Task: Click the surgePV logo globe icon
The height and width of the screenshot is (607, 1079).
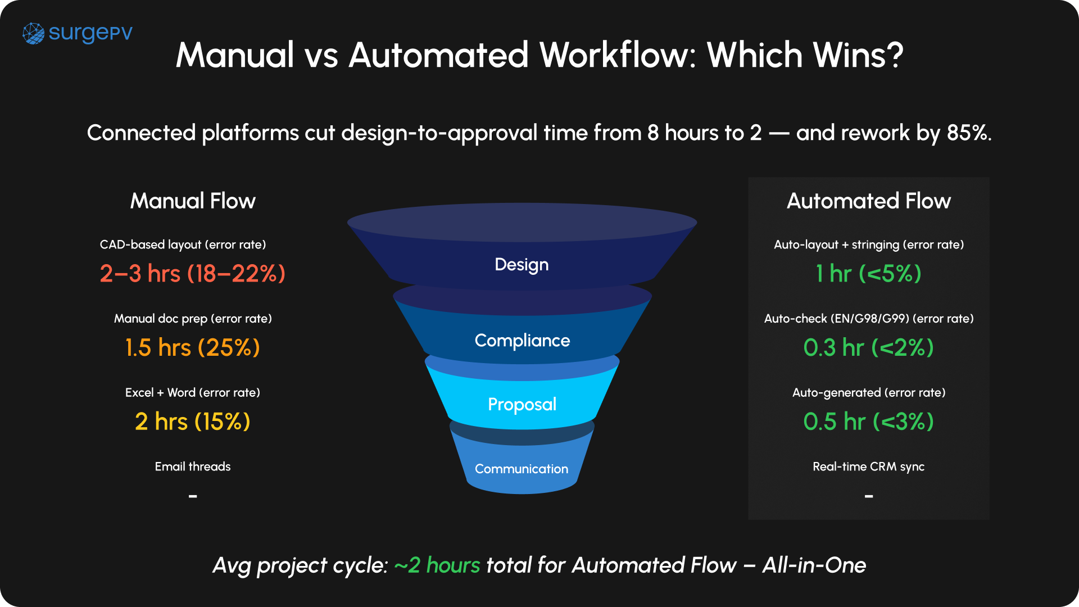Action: (x=33, y=34)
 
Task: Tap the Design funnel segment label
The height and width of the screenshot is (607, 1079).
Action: (x=522, y=265)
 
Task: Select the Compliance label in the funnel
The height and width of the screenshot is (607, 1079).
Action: (x=522, y=341)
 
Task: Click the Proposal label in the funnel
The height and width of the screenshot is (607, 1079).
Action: (x=522, y=405)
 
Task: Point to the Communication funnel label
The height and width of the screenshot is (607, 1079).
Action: (x=522, y=469)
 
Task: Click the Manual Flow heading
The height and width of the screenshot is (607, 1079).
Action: (x=193, y=201)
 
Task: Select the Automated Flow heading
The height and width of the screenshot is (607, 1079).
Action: (x=868, y=201)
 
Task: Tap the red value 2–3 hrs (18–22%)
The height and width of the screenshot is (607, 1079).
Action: (x=193, y=274)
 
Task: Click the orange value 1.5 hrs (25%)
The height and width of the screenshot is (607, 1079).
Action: (x=193, y=348)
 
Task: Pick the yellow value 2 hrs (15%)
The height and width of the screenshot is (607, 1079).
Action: (x=193, y=422)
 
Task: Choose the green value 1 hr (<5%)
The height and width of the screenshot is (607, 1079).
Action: (x=868, y=274)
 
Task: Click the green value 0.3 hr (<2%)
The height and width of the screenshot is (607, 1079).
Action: (x=868, y=348)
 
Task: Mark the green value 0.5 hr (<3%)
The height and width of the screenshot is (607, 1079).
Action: (x=868, y=422)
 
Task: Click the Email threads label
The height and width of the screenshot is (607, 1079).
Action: (x=193, y=466)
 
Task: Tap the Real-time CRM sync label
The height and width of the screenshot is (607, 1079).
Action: (x=868, y=466)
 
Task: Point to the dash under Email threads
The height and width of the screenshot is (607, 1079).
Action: (x=193, y=496)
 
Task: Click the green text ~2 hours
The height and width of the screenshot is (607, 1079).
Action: (x=437, y=565)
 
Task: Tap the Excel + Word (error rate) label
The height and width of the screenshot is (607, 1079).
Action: (x=193, y=392)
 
